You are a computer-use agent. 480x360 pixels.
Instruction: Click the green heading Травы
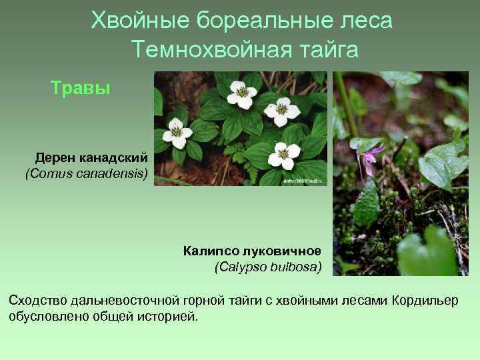[x=81, y=88]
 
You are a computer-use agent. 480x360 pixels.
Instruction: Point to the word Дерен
[x=55, y=158]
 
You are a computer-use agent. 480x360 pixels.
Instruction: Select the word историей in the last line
[x=168, y=315]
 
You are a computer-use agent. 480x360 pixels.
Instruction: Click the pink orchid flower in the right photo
[x=371, y=157]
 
